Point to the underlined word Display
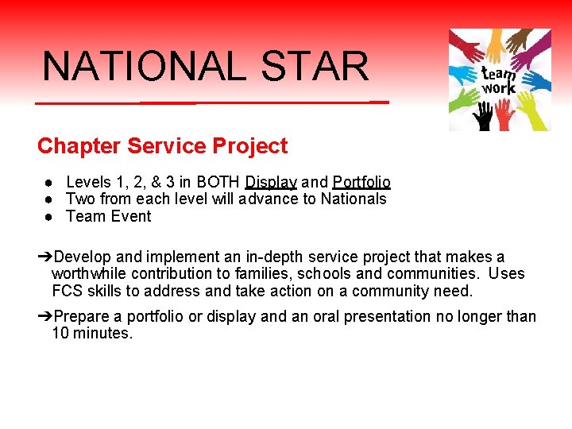click(271, 182)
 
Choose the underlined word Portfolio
click(361, 182)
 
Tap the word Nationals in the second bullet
click(354, 199)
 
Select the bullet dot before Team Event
click(49, 216)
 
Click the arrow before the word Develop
click(45, 257)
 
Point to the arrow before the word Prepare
click(45, 316)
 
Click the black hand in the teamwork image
click(482, 118)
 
